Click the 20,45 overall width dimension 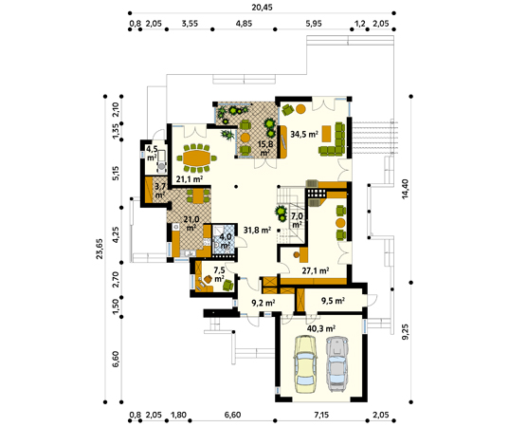(x=262, y=7)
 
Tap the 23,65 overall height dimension (x=100, y=249)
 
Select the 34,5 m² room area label (x=304, y=134)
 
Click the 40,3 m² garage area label (x=321, y=328)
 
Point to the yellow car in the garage (x=305, y=364)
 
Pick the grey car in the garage (x=337, y=364)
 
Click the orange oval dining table (x=197, y=158)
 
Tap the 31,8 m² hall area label (x=258, y=230)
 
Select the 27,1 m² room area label (x=316, y=270)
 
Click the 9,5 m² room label (x=333, y=301)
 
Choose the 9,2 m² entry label (x=264, y=303)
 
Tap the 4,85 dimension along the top (x=244, y=24)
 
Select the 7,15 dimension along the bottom (x=321, y=415)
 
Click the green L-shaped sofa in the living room (x=333, y=139)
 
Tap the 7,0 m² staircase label (x=297, y=220)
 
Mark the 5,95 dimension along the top (x=314, y=24)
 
